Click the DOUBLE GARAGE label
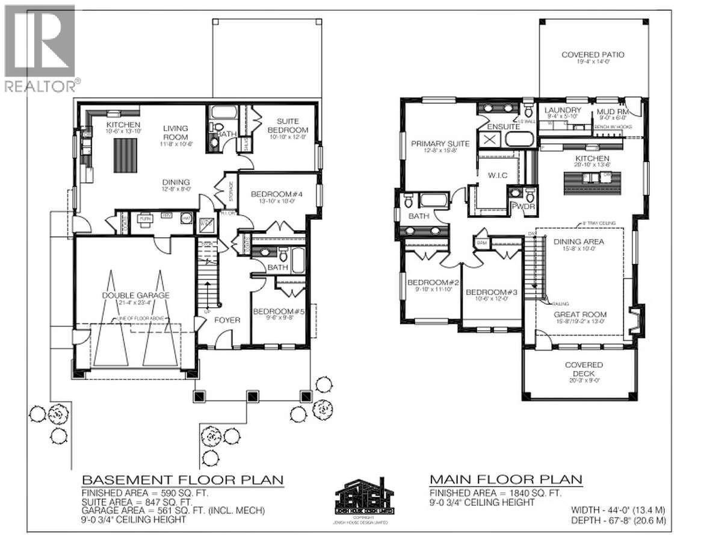point(135,295)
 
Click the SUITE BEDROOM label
point(288,125)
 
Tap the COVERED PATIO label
point(593,55)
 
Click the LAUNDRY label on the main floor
point(563,110)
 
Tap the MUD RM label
point(613,111)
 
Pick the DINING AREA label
point(578,241)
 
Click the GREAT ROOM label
point(580,314)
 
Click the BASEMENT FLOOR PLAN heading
point(182,480)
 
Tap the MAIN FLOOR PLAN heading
point(505,479)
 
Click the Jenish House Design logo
point(365,498)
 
